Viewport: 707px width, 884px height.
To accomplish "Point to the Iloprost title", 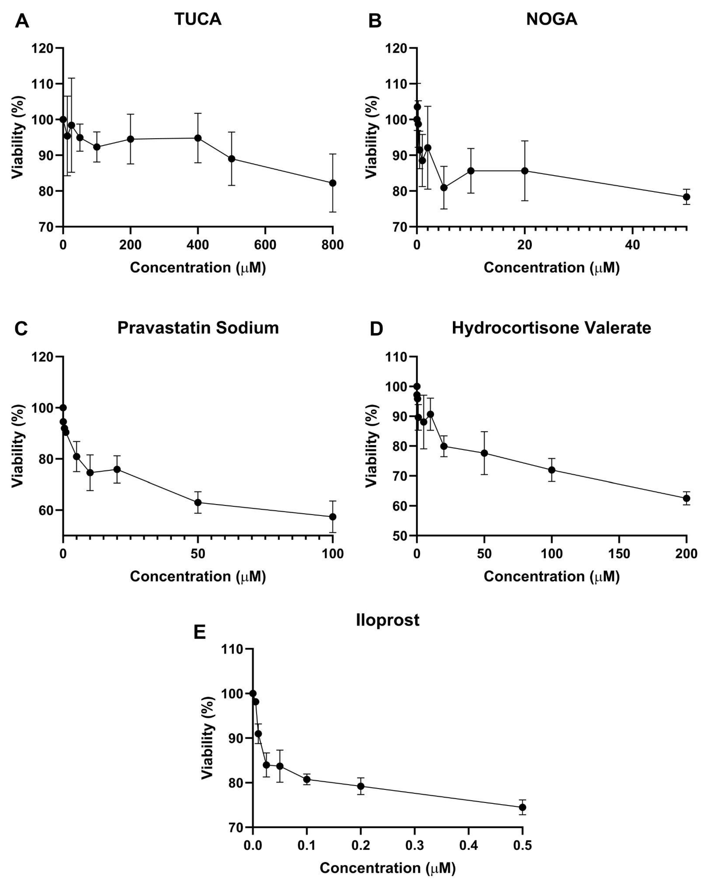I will click(387, 620).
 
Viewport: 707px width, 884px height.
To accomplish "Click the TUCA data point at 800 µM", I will click(333, 183).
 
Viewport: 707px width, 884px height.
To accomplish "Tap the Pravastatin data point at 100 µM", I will click(333, 517).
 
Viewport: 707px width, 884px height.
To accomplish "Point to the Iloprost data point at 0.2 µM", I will click(360, 786).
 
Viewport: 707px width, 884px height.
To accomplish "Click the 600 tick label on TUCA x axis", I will click(265, 245).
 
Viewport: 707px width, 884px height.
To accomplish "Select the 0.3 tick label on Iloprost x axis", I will click(414, 846).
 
